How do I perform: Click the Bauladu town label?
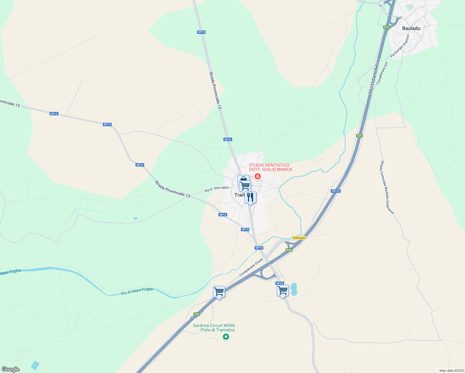pos(411,28)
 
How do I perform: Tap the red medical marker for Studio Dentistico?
pos(257,177)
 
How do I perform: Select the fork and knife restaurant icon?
pos(250,197)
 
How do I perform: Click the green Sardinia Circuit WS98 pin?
pos(226,337)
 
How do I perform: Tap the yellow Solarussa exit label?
pos(299,238)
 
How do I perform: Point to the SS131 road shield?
pos(336,191)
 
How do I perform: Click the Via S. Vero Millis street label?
pos(217,189)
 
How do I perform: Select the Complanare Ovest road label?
pos(251,267)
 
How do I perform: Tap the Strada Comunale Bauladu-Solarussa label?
pos(387,187)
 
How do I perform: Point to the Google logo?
pos(11,369)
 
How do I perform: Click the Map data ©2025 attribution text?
pos(451,371)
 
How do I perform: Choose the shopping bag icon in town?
pos(243,180)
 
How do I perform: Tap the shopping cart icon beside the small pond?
pos(283,291)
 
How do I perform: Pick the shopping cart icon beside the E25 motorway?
pos(219,292)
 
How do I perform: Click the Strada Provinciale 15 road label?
pos(215,90)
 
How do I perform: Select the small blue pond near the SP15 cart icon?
pos(294,289)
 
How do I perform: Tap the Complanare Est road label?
pos(382,73)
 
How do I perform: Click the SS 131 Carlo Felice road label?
pos(374,77)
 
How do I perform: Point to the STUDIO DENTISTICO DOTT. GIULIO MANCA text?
pos(270,167)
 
